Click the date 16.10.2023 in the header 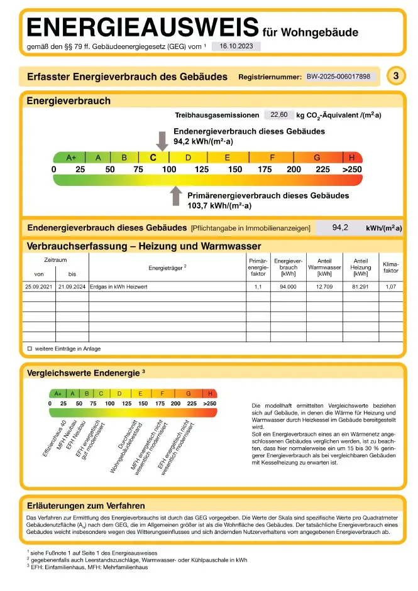(x=236, y=46)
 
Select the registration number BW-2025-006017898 (x=342, y=77)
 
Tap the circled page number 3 (x=395, y=77)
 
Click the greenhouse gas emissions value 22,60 (x=278, y=115)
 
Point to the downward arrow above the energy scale (x=162, y=141)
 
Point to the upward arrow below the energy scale (x=176, y=196)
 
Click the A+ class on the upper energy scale (x=70, y=158)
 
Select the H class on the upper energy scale (x=352, y=158)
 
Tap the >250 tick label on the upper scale (x=352, y=170)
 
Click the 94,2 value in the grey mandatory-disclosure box (x=340, y=227)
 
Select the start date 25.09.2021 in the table (x=39, y=286)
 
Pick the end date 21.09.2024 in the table (x=72, y=286)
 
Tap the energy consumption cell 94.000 (x=288, y=286)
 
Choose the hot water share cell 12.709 (x=324, y=286)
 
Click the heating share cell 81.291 (x=360, y=286)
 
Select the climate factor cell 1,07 (x=390, y=286)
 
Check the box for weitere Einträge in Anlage (x=30, y=349)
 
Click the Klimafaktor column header (x=390, y=267)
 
